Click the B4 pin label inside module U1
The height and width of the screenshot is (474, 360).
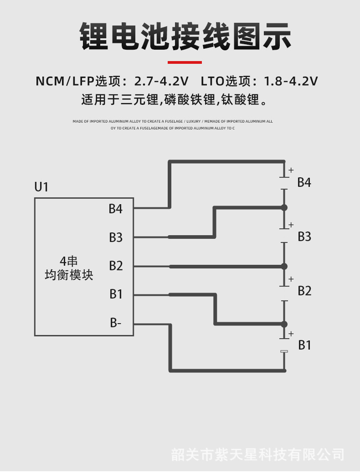click(116, 209)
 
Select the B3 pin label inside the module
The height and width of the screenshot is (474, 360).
click(116, 237)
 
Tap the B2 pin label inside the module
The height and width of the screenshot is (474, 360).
click(116, 266)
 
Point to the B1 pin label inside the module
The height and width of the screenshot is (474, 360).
click(116, 294)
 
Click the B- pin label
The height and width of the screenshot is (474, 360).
click(115, 323)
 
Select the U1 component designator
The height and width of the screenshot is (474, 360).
click(41, 187)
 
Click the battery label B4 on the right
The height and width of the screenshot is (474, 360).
click(304, 182)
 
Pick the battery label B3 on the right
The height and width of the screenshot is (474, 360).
click(304, 237)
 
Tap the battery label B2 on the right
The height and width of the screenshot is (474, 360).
click(304, 291)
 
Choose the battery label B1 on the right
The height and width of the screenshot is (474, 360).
click(304, 345)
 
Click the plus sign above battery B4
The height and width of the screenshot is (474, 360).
click(291, 170)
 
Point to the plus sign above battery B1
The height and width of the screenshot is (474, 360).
click(291, 334)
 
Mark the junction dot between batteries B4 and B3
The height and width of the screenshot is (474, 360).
click(284, 207)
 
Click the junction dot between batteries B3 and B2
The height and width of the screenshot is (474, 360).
click(284, 266)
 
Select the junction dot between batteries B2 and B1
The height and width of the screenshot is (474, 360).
click(284, 324)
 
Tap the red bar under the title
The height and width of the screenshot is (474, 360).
click(185, 62)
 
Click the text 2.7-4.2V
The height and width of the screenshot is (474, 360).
click(161, 81)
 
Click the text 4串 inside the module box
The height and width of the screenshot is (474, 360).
click(69, 261)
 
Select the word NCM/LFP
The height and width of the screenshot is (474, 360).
click(65, 81)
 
